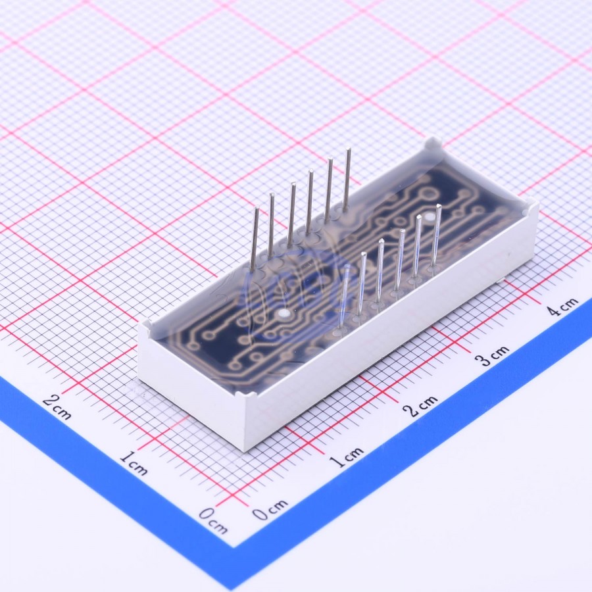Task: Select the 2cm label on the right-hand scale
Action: [x=420, y=405]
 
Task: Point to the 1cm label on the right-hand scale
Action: [x=346, y=456]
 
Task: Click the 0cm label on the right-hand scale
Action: [x=270, y=509]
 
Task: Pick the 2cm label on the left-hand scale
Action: [x=57, y=407]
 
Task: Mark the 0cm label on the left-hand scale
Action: [x=213, y=520]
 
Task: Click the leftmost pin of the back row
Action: [x=254, y=239]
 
